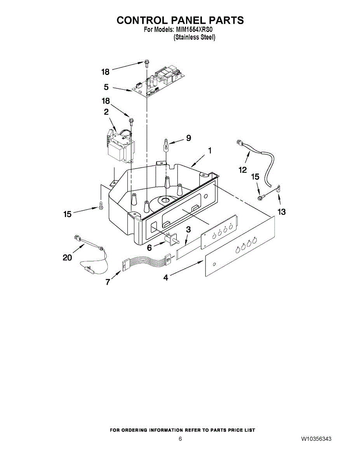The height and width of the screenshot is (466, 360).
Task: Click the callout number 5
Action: pos(106,87)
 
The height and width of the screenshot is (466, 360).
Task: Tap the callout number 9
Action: pos(188,137)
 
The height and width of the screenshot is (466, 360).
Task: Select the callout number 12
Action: pos(243,170)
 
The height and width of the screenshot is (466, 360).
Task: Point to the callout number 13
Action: pos(281,212)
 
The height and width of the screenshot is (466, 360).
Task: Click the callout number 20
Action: pos(67,257)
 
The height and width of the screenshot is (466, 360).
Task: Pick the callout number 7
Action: pos(108,282)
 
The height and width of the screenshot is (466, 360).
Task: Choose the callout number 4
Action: pos(166,278)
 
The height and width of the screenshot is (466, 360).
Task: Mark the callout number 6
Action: pos(149,248)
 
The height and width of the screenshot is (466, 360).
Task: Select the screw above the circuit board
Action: pos(146,62)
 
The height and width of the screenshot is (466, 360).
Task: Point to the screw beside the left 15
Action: pos(101,206)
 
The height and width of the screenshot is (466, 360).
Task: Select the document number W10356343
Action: pos(316,439)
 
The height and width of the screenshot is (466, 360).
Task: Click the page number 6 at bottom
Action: pos(180,439)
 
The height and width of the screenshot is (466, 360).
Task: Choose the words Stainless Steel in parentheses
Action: pos(195,38)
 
